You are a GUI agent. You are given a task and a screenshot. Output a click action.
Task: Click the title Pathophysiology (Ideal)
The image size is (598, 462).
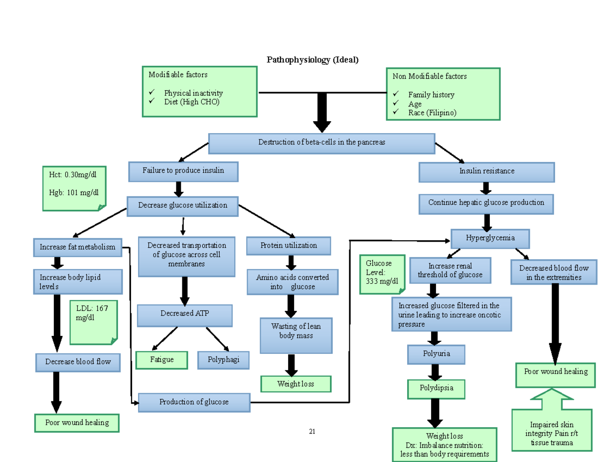pos(312,60)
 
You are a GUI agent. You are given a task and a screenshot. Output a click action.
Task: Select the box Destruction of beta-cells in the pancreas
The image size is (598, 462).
pos(321,143)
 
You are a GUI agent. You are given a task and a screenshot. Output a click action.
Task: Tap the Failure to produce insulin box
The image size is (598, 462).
pos(183,171)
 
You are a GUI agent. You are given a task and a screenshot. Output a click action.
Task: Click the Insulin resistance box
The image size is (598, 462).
pos(486,172)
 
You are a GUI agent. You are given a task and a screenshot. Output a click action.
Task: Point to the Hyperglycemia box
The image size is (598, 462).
pos(490,238)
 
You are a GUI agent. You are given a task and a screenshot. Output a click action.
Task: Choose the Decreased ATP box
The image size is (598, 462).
pos(184,314)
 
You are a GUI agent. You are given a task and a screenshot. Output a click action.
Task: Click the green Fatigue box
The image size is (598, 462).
pos(161,360)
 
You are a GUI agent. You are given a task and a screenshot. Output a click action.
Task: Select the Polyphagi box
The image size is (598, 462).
pos(223,360)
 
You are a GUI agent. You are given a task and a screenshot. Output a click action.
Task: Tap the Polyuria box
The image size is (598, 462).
pos(436,354)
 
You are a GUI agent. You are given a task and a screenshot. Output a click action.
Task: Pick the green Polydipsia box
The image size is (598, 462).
pos(436,388)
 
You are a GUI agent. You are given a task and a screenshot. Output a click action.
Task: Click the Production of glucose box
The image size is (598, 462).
pos(194,402)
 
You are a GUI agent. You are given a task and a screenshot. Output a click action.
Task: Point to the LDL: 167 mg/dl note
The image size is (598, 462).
pos(93,322)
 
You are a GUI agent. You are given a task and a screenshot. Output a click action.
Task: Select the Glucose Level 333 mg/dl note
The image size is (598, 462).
pos(383,274)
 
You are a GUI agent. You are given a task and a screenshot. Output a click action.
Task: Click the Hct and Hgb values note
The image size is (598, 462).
pos(74,188)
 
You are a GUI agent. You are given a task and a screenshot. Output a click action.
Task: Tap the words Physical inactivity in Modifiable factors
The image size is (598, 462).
pos(193,93)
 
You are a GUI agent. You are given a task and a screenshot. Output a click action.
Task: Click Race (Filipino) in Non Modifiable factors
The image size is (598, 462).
pos(432,113)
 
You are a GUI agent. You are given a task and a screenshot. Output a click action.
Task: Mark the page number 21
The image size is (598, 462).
pos(312,432)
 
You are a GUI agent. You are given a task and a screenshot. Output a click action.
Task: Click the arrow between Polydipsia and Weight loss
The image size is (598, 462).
pos(436,412)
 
